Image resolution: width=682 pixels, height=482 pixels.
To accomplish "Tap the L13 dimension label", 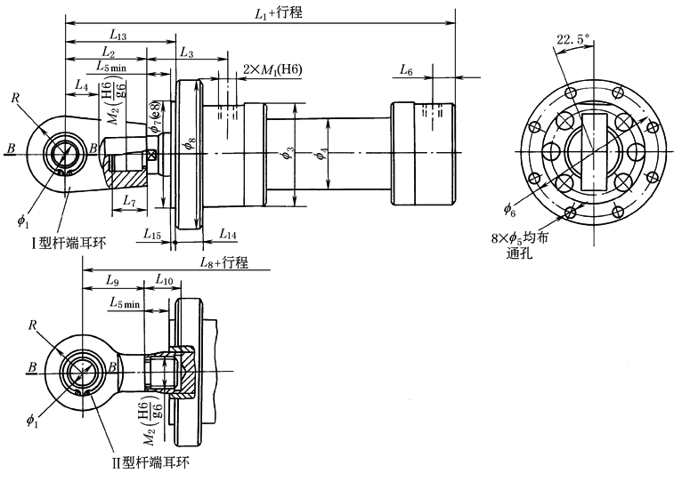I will point(118,35).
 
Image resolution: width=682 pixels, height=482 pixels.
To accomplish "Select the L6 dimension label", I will point(406,68).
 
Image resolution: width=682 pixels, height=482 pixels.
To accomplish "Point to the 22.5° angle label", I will point(574,39).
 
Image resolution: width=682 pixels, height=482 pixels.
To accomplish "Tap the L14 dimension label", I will point(227,234).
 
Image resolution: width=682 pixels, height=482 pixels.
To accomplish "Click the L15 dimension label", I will point(151,234).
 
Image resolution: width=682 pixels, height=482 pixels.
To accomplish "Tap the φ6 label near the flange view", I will point(509,210).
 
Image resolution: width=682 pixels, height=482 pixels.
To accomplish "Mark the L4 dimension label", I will point(80,86).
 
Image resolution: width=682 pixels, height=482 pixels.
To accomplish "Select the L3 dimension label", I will point(186,53).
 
